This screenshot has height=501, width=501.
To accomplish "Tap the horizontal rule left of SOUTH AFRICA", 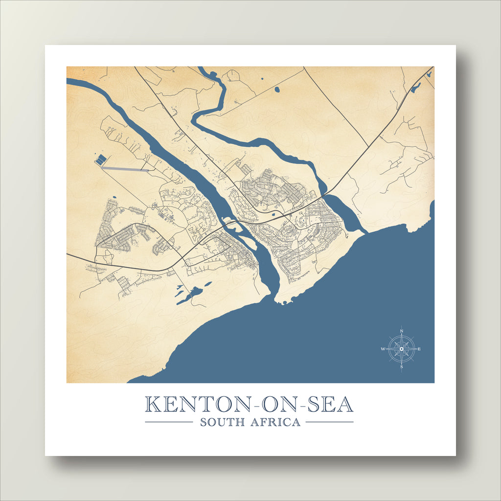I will point(169,422).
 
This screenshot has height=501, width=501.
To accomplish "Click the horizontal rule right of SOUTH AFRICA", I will point(329,422).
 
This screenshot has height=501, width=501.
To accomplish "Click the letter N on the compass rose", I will point(402,331).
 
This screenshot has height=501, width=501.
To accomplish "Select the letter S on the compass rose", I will point(402,366).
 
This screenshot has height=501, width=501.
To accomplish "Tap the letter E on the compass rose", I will point(419,349).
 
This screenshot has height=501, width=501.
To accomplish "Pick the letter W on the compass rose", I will point(383,349).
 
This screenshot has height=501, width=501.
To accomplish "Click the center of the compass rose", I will point(402,349).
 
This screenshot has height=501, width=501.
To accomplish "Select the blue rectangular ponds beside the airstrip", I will point(100,159).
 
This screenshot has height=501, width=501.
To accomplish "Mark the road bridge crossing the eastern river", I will point(326,194).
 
